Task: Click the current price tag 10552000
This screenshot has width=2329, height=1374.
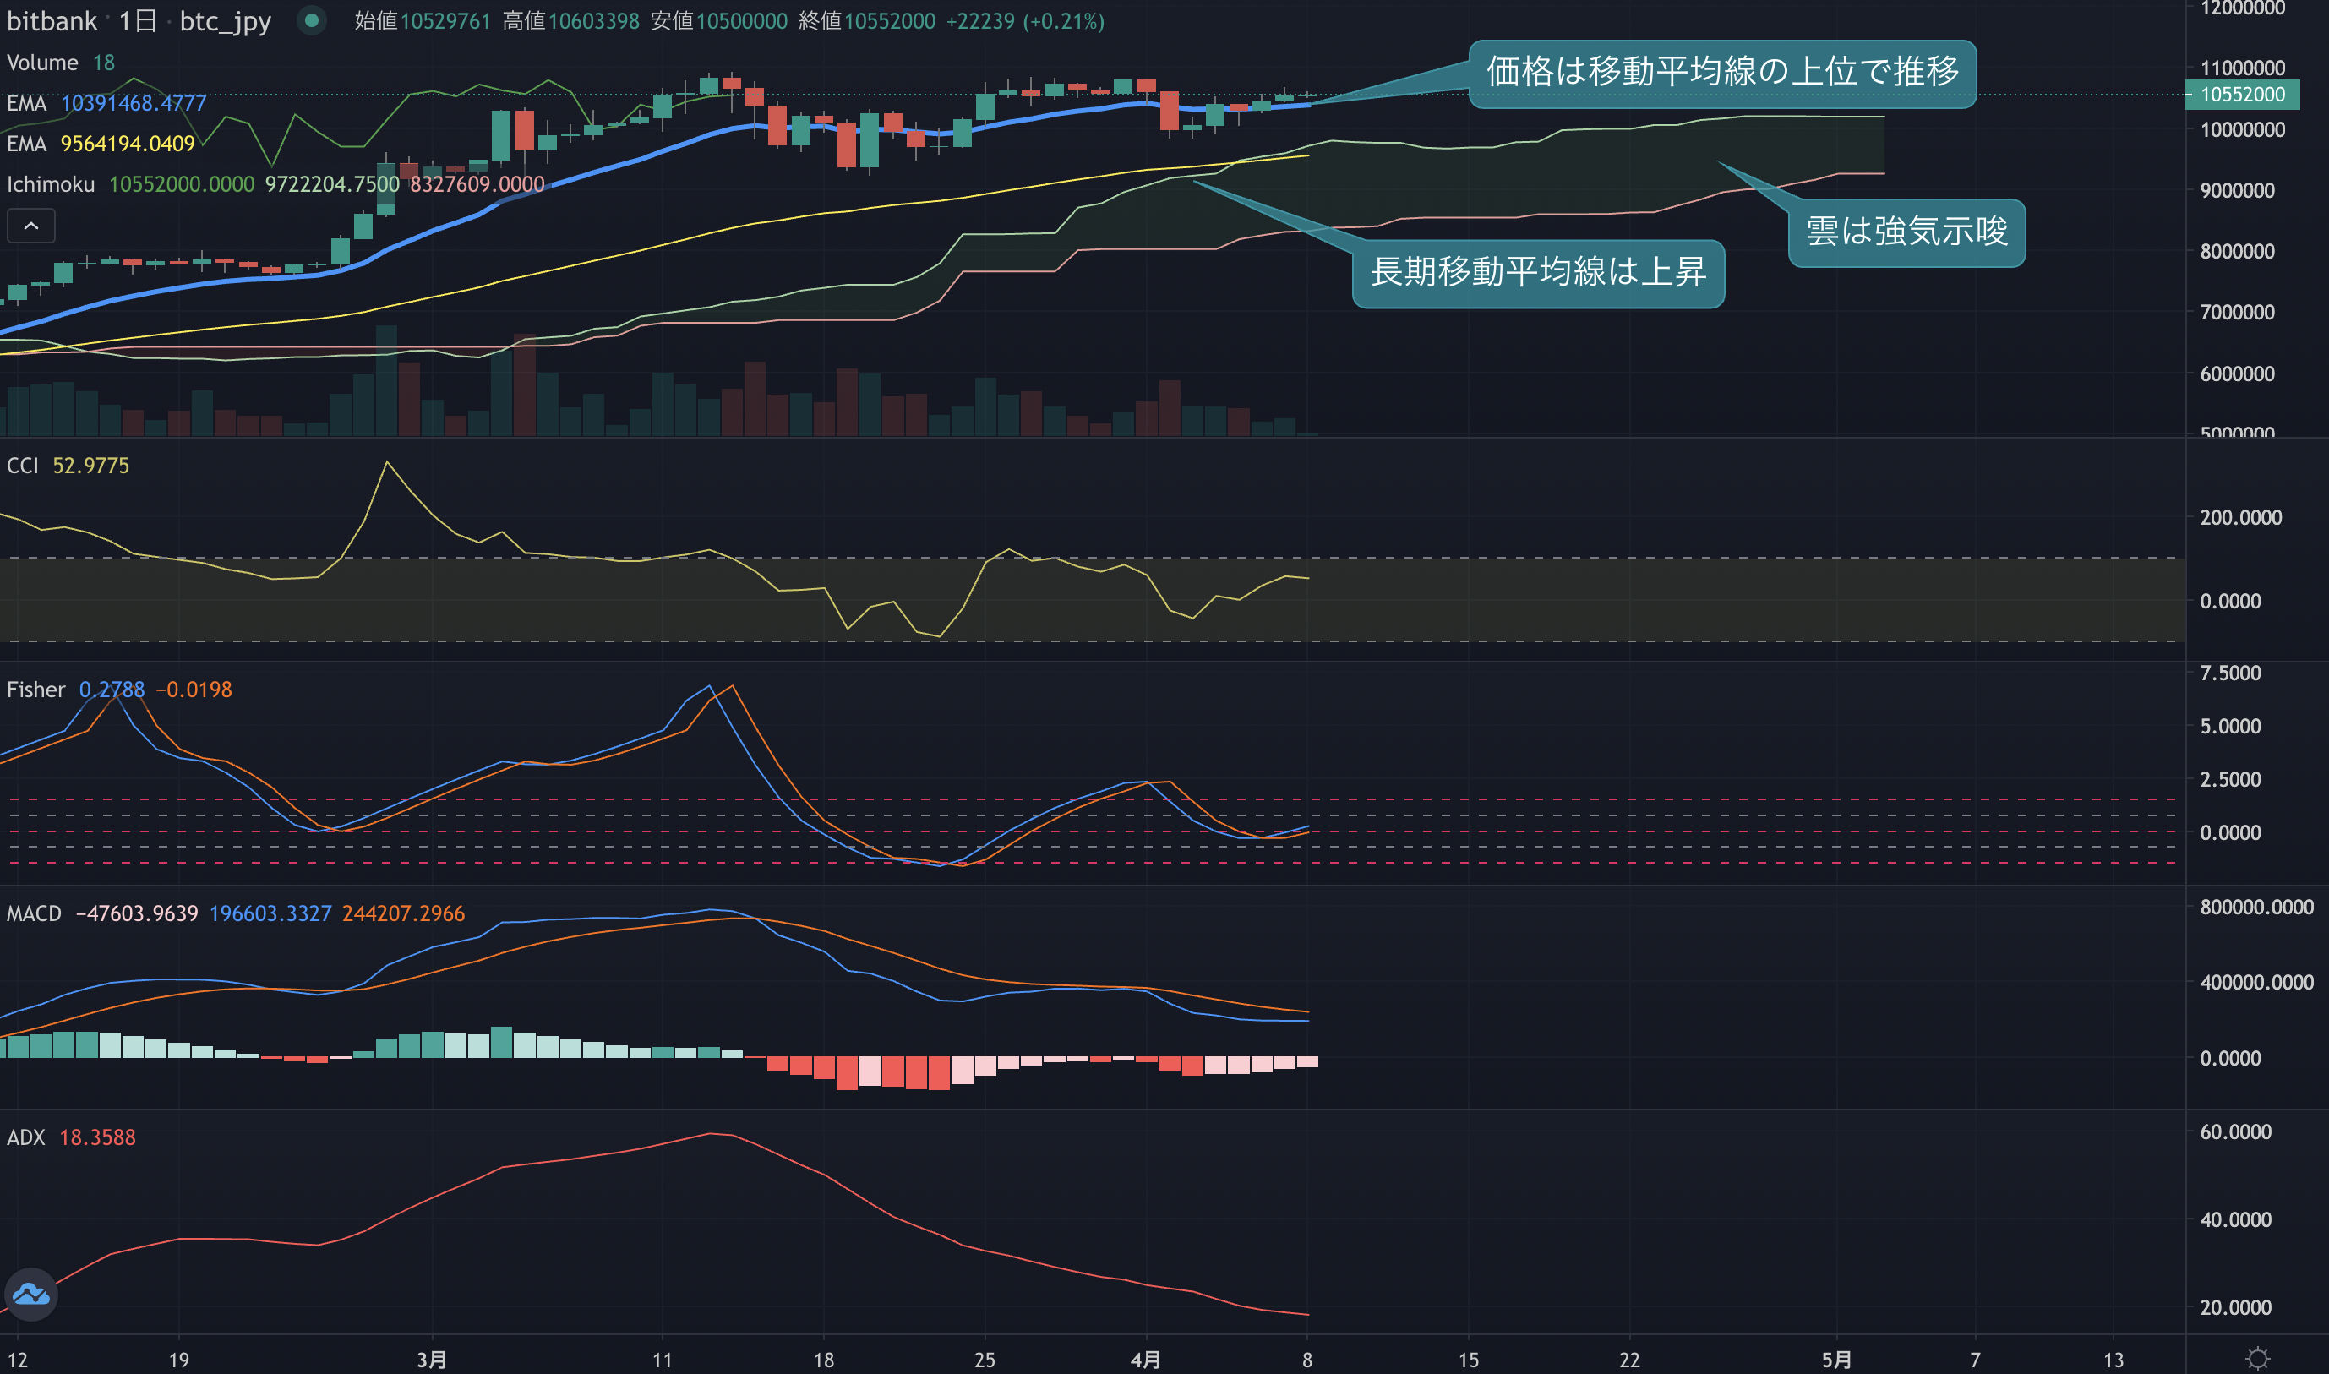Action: (2242, 95)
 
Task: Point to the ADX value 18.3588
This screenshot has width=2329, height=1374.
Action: (97, 1137)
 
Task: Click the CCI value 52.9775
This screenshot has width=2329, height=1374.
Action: (90, 466)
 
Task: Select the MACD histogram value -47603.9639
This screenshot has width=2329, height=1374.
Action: (136, 913)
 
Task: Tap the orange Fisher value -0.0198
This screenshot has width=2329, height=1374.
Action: (194, 690)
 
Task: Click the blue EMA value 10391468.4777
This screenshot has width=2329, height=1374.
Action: (134, 103)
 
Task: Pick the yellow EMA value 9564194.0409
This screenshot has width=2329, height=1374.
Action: (128, 144)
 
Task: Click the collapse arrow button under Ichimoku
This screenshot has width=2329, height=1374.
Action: (31, 226)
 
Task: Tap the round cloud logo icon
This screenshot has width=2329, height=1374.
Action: (31, 1294)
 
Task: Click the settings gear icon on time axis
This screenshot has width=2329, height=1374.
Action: (2258, 1358)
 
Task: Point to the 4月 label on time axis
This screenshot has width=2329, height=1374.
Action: (1145, 1359)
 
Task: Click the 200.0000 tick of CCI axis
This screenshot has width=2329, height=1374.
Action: (2240, 517)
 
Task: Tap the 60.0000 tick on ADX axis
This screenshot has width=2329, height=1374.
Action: (2235, 1131)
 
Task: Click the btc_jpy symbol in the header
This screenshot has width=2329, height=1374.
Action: (225, 21)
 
